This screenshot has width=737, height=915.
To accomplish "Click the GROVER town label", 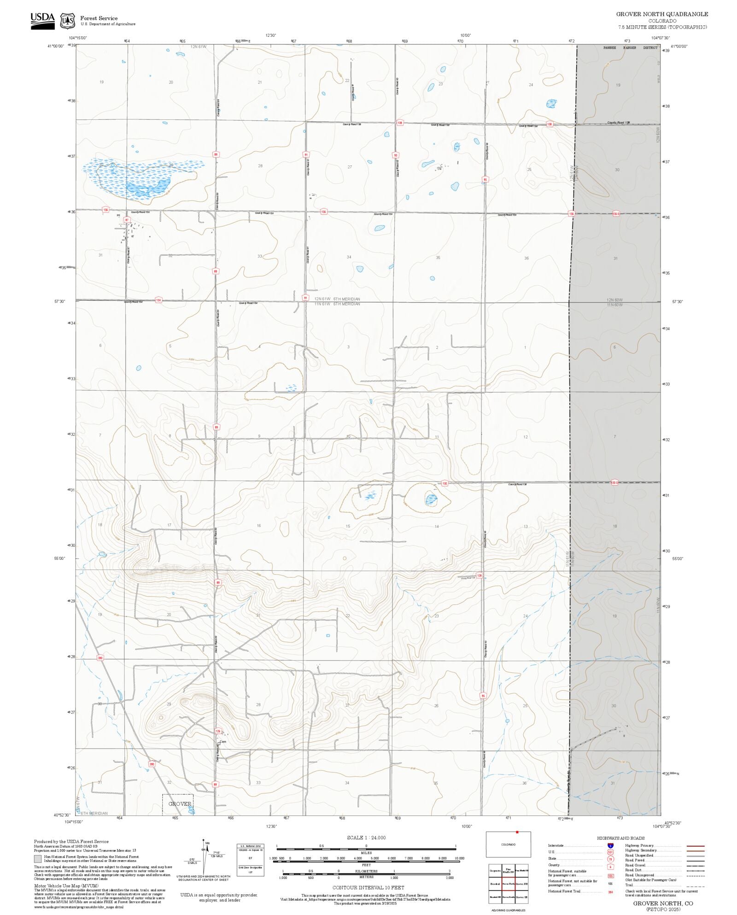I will pyautogui.click(x=180, y=804).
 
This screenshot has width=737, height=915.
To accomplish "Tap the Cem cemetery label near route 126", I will pyautogui.click(x=222, y=742).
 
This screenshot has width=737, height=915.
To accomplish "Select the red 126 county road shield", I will pyautogui.click(x=218, y=731).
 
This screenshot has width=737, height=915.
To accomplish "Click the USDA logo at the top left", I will pyautogui.click(x=42, y=21).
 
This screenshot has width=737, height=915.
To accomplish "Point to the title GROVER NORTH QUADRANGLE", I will pyautogui.click(x=662, y=14).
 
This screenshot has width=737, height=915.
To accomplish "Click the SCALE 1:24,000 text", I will pyautogui.click(x=366, y=838).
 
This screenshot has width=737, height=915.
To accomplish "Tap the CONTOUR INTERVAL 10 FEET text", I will pyautogui.click(x=368, y=887).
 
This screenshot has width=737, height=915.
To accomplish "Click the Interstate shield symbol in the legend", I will pyautogui.click(x=610, y=846).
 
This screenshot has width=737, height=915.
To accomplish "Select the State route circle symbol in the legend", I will pyautogui.click(x=610, y=859).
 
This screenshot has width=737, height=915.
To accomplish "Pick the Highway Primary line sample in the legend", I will pyautogui.click(x=695, y=846).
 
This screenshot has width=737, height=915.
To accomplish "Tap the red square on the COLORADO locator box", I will pyautogui.click(x=517, y=832).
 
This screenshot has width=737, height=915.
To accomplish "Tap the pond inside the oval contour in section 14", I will pyautogui.click(x=431, y=499).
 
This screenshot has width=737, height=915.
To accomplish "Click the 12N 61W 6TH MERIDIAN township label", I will pyautogui.click(x=337, y=299).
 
